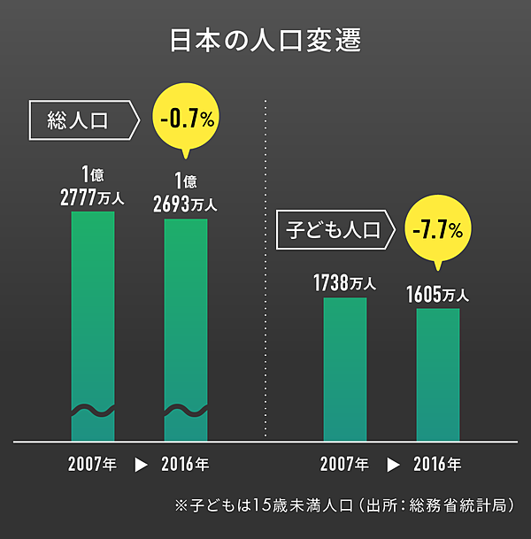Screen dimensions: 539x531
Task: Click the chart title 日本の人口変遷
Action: tap(265, 42)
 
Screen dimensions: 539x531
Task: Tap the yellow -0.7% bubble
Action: tap(186, 120)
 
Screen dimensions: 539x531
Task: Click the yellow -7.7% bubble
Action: tap(438, 231)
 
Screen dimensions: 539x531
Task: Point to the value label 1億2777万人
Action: tap(92, 186)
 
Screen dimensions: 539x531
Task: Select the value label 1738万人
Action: tap(344, 284)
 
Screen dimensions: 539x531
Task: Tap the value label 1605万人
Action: tap(437, 294)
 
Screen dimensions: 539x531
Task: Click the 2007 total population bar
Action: tap(92, 327)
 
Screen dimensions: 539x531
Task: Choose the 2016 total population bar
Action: tap(185, 332)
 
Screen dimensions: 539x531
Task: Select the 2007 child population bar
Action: tap(344, 369)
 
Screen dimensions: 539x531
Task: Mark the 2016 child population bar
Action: tap(437, 374)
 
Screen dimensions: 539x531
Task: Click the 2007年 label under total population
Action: tap(92, 464)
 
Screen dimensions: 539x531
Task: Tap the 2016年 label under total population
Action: tap(185, 464)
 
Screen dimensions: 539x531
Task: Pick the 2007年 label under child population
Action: tap(344, 464)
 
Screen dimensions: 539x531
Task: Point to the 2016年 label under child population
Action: tap(437, 464)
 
